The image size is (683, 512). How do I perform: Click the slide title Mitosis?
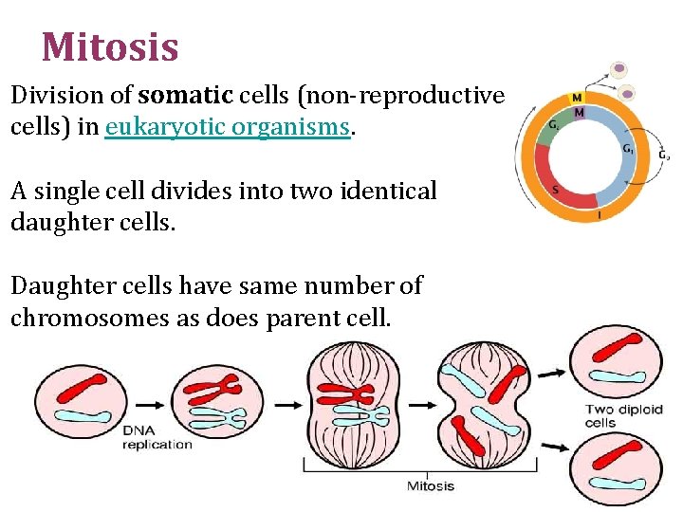click(110, 46)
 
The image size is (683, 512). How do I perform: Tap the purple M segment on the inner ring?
click(579, 112)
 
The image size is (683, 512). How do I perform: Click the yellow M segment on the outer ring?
click(576, 98)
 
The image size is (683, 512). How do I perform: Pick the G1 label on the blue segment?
click(628, 150)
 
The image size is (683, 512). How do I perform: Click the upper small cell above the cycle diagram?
click(619, 68)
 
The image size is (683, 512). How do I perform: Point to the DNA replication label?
click(157, 437)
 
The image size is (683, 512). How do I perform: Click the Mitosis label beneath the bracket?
click(430, 485)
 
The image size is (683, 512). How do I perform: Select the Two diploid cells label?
click(623, 416)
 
